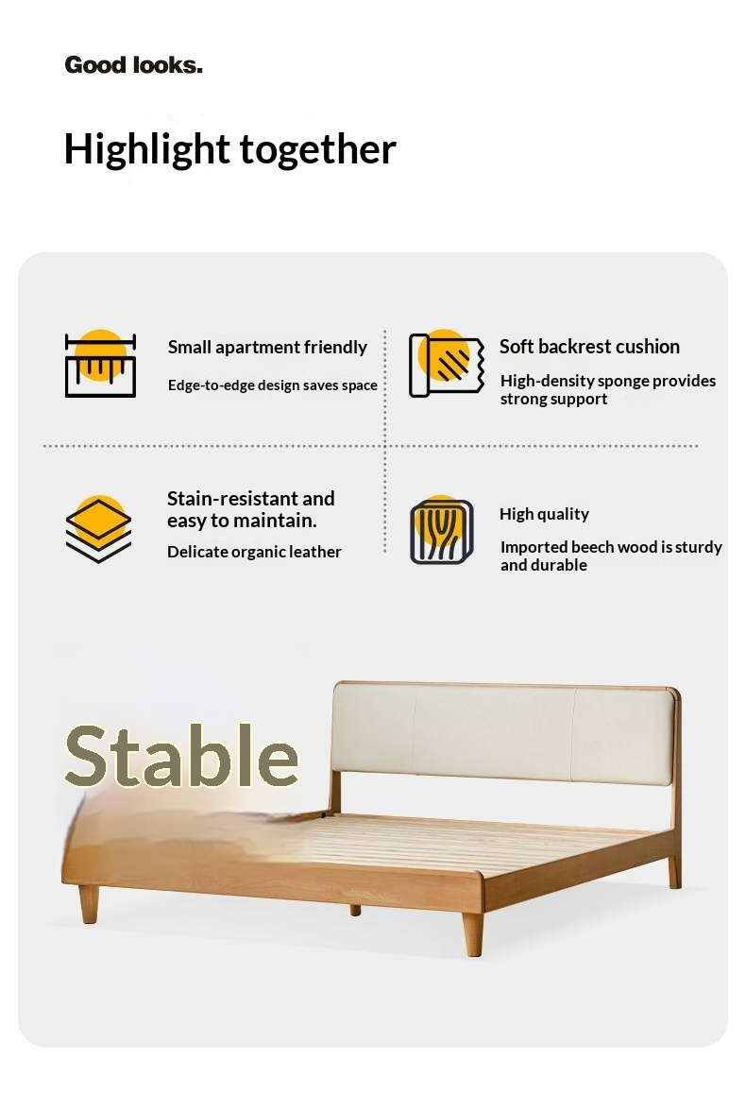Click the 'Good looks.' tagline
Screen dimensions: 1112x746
tap(133, 65)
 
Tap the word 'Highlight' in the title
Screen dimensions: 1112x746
tap(146, 150)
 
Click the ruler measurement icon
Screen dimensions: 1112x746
tap(100, 365)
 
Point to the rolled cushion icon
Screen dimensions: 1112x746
tap(440, 365)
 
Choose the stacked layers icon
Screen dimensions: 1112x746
tap(99, 529)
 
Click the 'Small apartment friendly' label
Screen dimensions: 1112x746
tap(267, 348)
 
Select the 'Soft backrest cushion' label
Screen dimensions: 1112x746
tap(589, 347)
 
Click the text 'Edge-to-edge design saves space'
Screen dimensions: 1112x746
tap(272, 385)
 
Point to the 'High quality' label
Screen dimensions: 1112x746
tap(544, 514)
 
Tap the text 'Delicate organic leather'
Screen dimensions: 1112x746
tap(254, 552)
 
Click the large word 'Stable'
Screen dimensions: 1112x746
tap(181, 757)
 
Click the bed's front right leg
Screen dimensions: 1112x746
tap(473, 933)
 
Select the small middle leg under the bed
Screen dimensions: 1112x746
tap(355, 909)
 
